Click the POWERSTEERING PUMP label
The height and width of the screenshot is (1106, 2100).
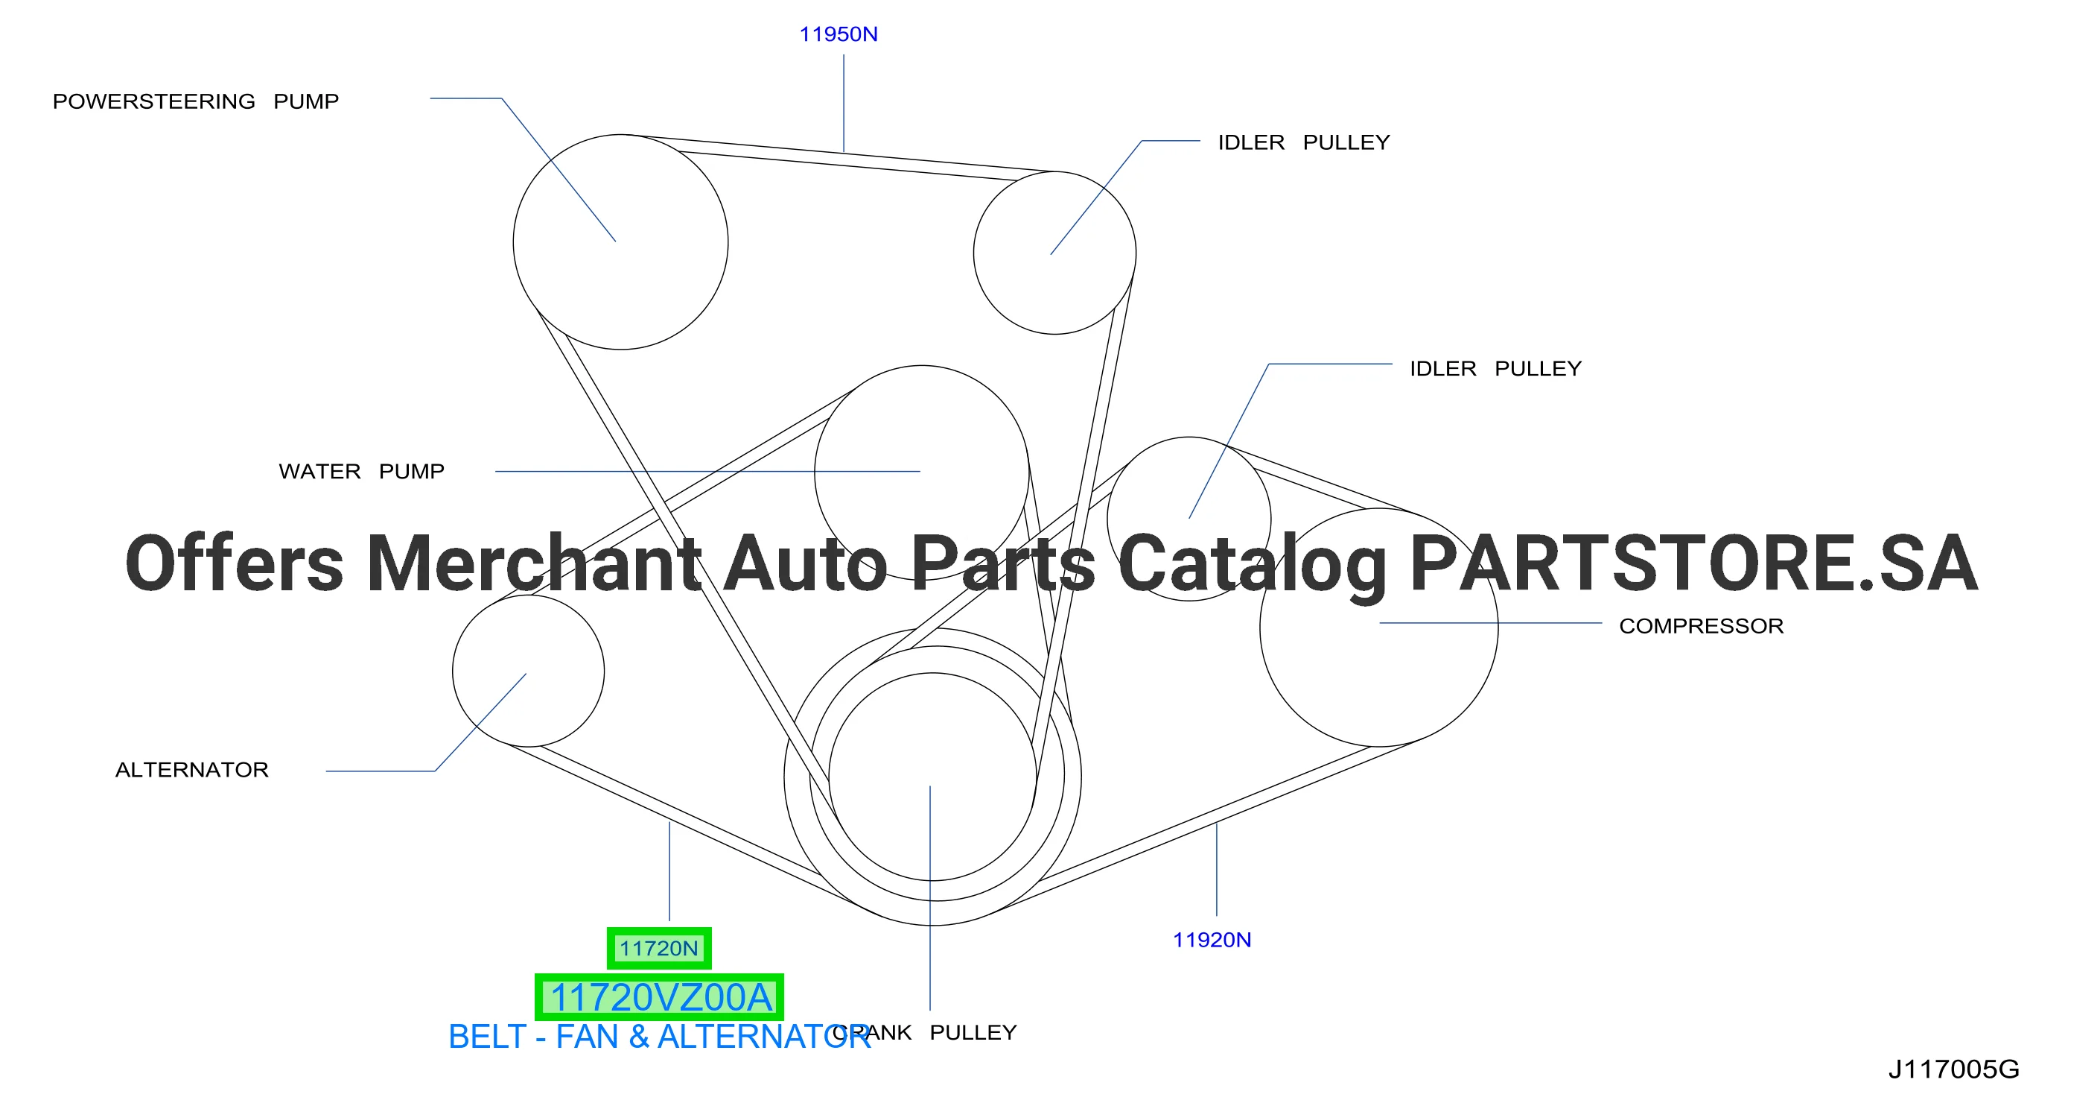click(x=196, y=101)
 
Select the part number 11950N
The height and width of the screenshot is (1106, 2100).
click(x=838, y=34)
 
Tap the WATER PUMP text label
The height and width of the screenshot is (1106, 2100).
click(x=361, y=472)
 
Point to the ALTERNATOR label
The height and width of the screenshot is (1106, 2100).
click(x=191, y=770)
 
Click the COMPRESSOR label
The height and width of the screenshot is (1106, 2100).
click(x=1702, y=626)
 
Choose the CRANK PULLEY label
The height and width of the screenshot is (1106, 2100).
click(x=924, y=1033)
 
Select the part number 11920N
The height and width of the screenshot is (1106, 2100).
click(x=1212, y=940)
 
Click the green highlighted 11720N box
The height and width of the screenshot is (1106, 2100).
click(x=659, y=948)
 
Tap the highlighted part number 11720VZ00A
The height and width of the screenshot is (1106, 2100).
click(x=659, y=996)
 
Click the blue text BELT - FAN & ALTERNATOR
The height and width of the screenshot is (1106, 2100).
click(x=660, y=1037)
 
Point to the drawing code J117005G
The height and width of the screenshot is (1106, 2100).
click(x=1953, y=1069)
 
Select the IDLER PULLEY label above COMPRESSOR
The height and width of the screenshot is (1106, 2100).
click(x=1495, y=369)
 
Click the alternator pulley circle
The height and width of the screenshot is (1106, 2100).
click(x=453, y=671)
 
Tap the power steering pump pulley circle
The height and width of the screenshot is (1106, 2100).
click(x=514, y=242)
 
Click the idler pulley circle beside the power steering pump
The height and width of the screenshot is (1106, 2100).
click(x=974, y=253)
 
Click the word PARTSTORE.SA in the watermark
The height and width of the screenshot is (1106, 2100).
click(x=1693, y=563)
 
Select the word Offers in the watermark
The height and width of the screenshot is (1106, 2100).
click(x=234, y=563)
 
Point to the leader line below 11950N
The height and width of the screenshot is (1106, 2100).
click(x=844, y=103)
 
